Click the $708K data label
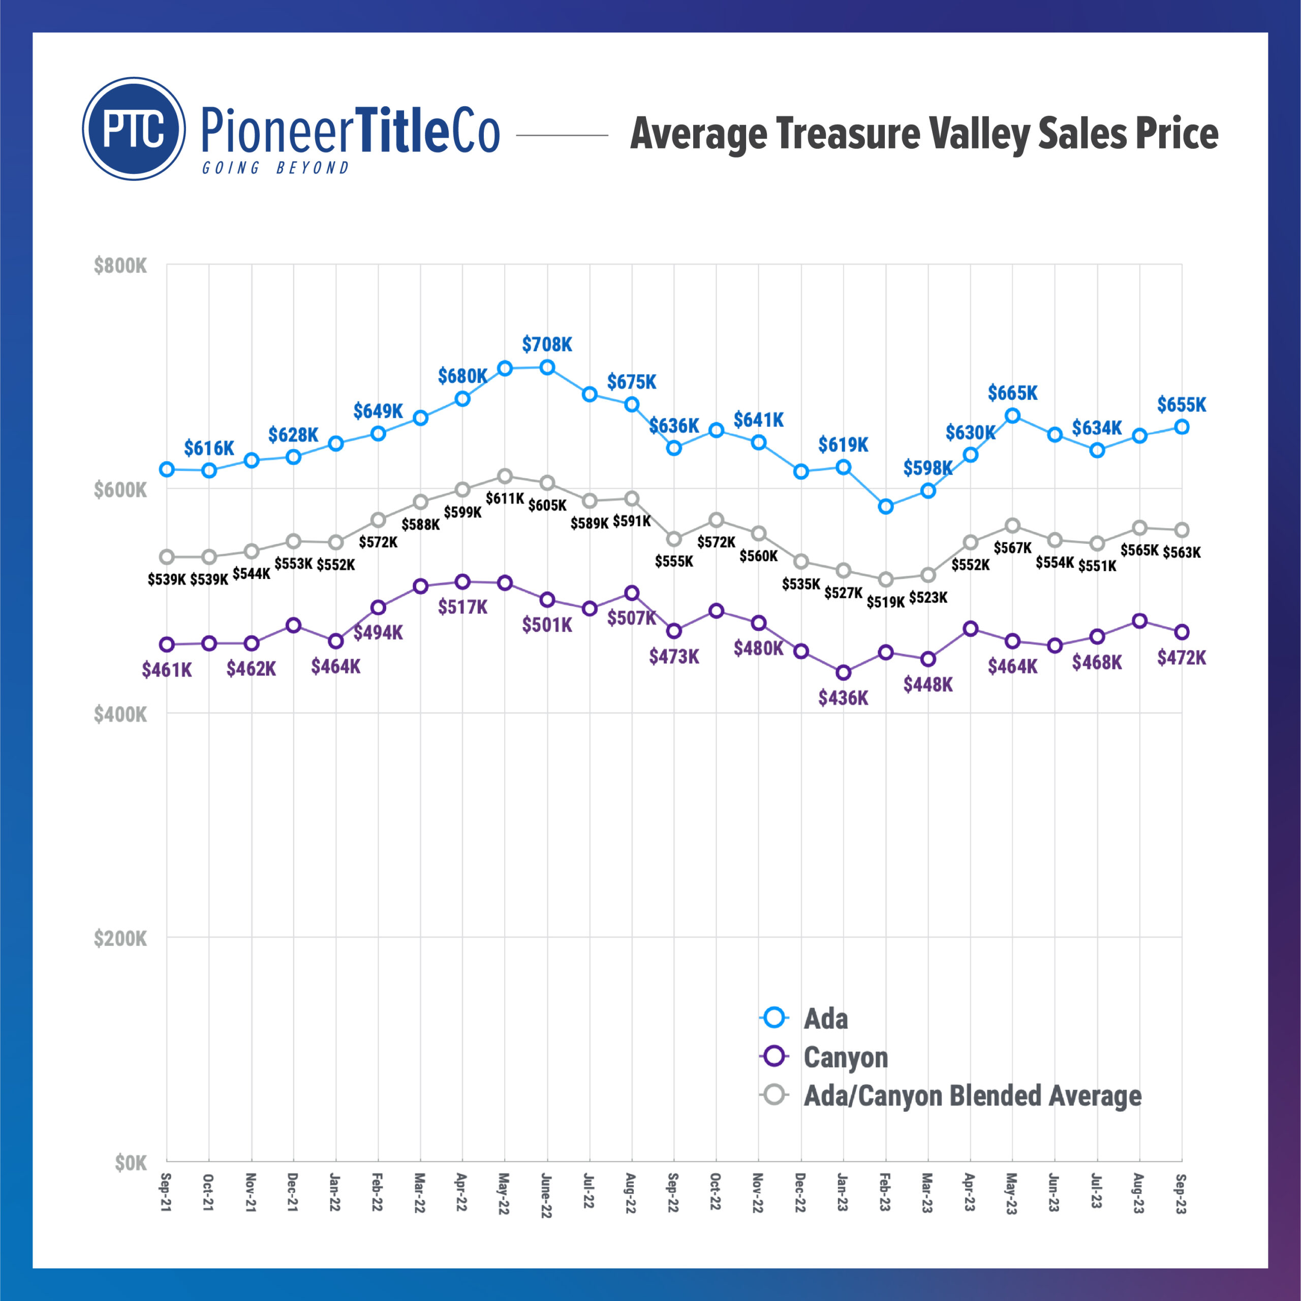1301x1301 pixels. pyautogui.click(x=547, y=345)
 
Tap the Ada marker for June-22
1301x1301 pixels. pyautogui.click(x=547, y=367)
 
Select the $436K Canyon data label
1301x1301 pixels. pyautogui.click(x=843, y=698)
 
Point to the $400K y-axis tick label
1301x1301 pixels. pyautogui.click(x=120, y=715)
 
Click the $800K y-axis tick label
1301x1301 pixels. pyautogui.click(x=120, y=266)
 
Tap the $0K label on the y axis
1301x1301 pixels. pyautogui.click(x=130, y=1163)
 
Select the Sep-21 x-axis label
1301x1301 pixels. pyautogui.click(x=166, y=1193)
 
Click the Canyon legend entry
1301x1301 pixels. pyautogui.click(x=846, y=1057)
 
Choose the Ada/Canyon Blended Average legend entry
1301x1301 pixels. pyautogui.click(x=972, y=1096)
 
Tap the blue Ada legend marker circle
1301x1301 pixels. pyautogui.click(x=775, y=1017)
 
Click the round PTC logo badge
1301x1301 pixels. pyautogui.click(x=134, y=129)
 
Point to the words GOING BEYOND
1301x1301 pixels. pyautogui.click(x=275, y=168)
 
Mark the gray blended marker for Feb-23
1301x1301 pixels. pyautogui.click(x=886, y=579)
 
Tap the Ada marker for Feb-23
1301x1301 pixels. pyautogui.click(x=886, y=506)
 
